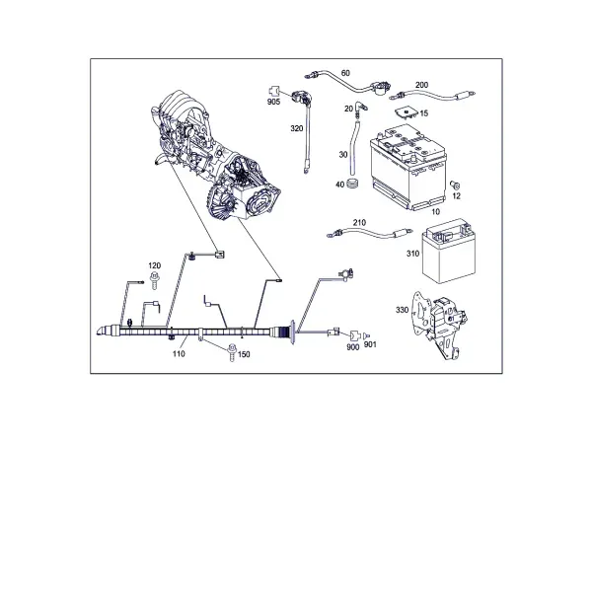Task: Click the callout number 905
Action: pyautogui.click(x=273, y=102)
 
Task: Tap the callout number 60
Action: pyautogui.click(x=345, y=73)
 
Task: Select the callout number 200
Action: pyautogui.click(x=421, y=85)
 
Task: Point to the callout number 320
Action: pyautogui.click(x=297, y=128)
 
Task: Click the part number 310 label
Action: pyautogui.click(x=413, y=254)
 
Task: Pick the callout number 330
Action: pyautogui.click(x=403, y=310)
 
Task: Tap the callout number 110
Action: pyautogui.click(x=179, y=354)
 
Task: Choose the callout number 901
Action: pyautogui.click(x=370, y=344)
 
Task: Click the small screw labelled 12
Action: pyautogui.click(x=455, y=185)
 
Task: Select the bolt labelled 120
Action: pyautogui.click(x=155, y=281)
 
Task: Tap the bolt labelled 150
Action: pyautogui.click(x=232, y=352)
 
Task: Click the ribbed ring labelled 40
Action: pyautogui.click(x=352, y=183)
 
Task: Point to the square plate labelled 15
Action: pyautogui.click(x=406, y=112)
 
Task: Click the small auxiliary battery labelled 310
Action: pyautogui.click(x=449, y=251)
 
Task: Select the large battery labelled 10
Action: pyautogui.click(x=409, y=168)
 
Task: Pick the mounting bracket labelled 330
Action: pyautogui.click(x=439, y=326)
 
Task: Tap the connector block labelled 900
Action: pyautogui.click(x=355, y=335)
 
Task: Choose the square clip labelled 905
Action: pyautogui.click(x=273, y=92)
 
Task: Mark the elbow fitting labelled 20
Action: pyautogui.click(x=360, y=108)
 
